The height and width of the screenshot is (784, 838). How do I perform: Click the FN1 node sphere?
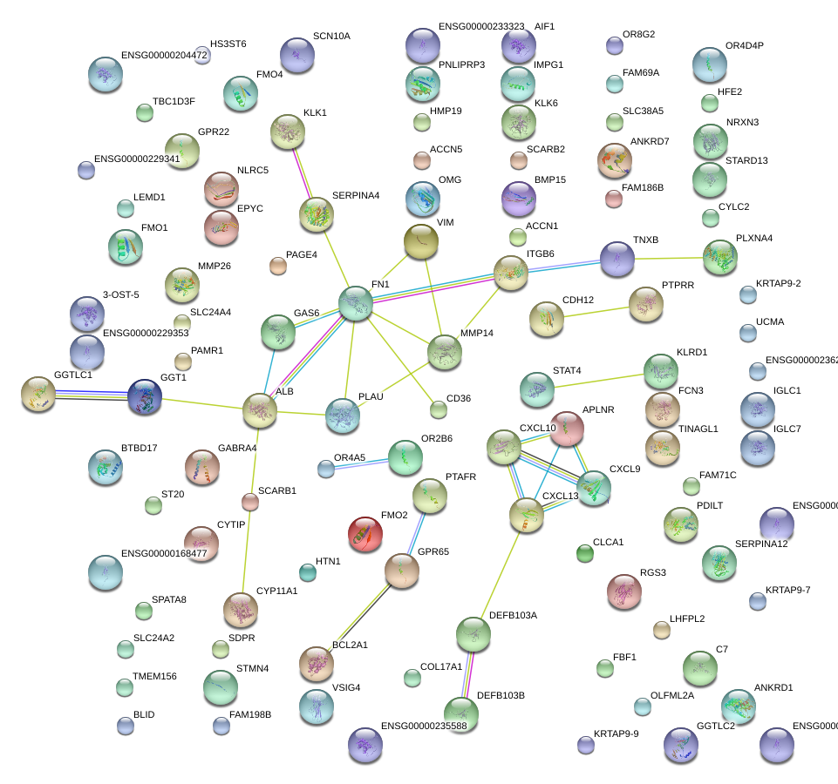pyautogui.click(x=356, y=302)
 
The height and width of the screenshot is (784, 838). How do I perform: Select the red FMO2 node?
pyautogui.click(x=364, y=535)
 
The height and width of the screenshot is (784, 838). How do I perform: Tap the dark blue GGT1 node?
pyautogui.click(x=145, y=396)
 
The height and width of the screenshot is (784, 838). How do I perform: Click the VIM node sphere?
pyautogui.click(x=422, y=241)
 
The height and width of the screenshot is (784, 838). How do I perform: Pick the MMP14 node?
pyautogui.click(x=445, y=352)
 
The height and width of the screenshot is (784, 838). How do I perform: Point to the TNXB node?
pyautogui.click(x=617, y=259)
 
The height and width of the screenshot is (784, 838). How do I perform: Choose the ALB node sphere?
pyautogui.click(x=260, y=410)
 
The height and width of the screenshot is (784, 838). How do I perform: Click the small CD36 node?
pyautogui.click(x=439, y=409)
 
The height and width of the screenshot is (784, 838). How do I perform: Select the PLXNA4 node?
pyautogui.click(x=719, y=258)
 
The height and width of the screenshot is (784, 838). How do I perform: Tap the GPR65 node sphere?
pyautogui.click(x=402, y=571)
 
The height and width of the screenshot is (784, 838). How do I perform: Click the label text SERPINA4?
pyautogui.click(x=356, y=196)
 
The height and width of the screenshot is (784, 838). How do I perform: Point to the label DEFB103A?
pyautogui.click(x=513, y=615)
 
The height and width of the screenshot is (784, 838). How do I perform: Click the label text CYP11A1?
pyautogui.click(x=277, y=591)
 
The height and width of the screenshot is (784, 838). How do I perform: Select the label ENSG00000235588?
pyautogui.click(x=424, y=726)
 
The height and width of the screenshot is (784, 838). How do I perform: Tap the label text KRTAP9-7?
pyautogui.click(x=788, y=591)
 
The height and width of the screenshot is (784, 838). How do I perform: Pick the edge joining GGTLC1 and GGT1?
pyautogui.click(x=91, y=396)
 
